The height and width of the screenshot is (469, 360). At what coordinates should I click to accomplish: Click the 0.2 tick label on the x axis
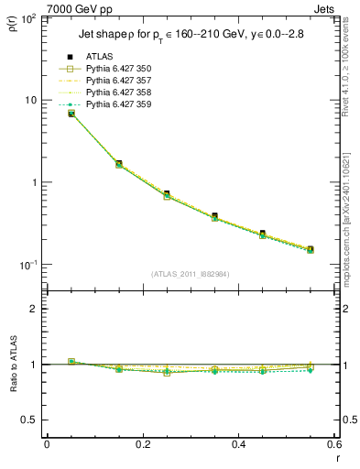click(142, 445)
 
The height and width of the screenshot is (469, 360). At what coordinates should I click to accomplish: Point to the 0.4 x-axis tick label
click(238, 445)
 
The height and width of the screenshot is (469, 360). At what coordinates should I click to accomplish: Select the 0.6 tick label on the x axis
click(333, 445)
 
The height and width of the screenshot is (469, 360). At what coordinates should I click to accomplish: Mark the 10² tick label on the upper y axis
click(27, 18)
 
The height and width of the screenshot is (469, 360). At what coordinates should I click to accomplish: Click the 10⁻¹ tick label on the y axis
click(27, 265)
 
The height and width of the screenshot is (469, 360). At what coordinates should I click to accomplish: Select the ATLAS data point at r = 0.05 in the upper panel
click(71, 113)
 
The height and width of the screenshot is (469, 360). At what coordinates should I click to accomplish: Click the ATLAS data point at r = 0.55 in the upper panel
click(311, 249)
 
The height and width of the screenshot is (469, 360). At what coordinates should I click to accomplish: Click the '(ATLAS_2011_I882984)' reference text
click(191, 274)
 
